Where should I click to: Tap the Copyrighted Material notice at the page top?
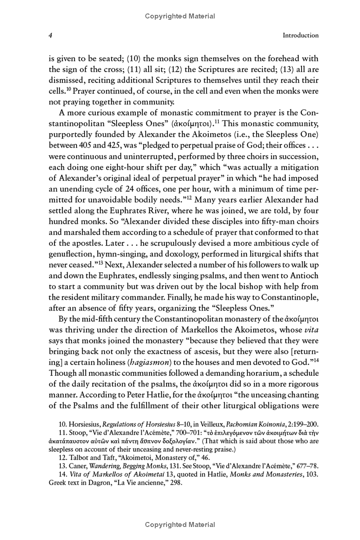pyautogui.click(x=180, y=16)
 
